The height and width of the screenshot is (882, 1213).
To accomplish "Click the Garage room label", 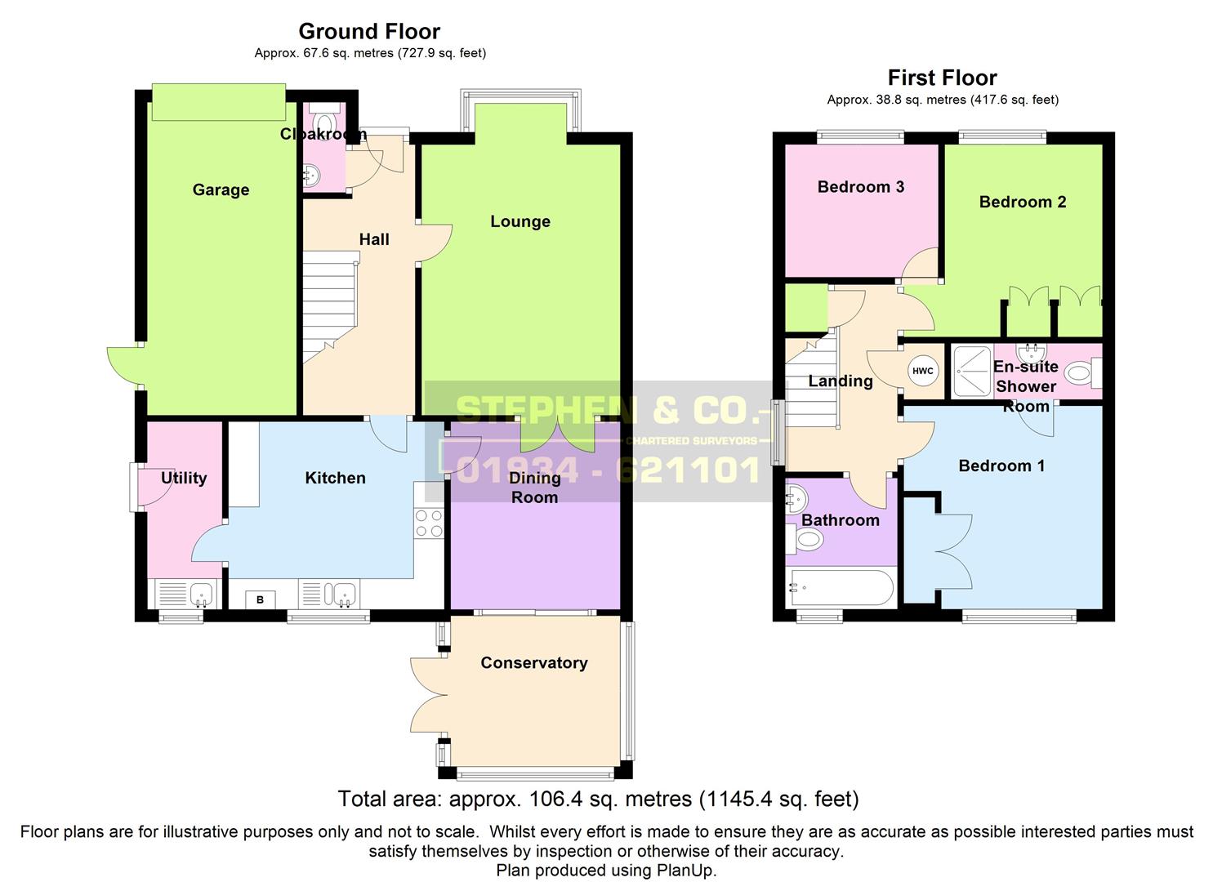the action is [221, 190].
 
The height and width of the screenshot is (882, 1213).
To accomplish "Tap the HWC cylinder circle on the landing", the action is [923, 371].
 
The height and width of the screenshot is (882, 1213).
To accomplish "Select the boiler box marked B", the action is [260, 600].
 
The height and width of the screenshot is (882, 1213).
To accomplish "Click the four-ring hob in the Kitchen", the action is [429, 523].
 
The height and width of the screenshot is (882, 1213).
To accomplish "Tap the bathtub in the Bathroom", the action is [841, 587].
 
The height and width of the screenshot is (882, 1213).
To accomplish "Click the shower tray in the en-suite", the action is [973, 372].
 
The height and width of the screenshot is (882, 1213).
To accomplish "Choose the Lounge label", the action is [520, 221].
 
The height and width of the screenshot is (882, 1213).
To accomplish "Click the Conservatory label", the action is [534, 662].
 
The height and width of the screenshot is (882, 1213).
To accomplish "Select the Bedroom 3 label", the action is [861, 187].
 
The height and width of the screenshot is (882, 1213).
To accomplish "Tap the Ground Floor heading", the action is [369, 31].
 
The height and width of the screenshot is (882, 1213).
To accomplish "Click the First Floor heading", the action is [943, 78].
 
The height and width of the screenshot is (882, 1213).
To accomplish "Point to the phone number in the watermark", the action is [608, 470].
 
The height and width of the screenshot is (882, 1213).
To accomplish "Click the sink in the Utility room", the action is [202, 595].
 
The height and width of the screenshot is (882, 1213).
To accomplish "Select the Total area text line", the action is [599, 800].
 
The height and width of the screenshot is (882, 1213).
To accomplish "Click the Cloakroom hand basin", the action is [311, 175].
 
